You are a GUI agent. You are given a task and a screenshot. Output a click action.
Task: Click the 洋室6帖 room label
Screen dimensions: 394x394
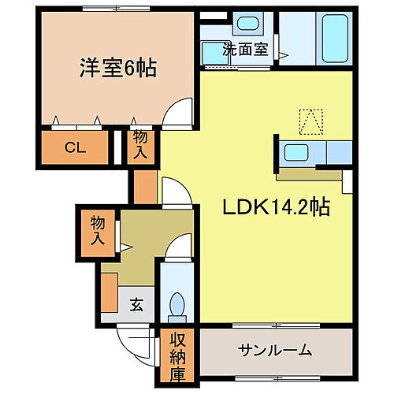(x=117, y=69)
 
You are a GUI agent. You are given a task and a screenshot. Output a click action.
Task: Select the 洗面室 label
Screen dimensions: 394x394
(x=245, y=48)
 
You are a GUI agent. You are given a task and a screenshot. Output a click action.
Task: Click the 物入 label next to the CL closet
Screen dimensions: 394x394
(x=140, y=146)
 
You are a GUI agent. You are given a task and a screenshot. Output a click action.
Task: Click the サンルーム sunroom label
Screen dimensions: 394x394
(x=276, y=350)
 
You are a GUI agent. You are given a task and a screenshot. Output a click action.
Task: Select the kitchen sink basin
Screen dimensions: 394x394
(x=298, y=152)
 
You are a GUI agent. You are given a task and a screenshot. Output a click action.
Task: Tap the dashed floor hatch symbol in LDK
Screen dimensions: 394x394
(x=310, y=120)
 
